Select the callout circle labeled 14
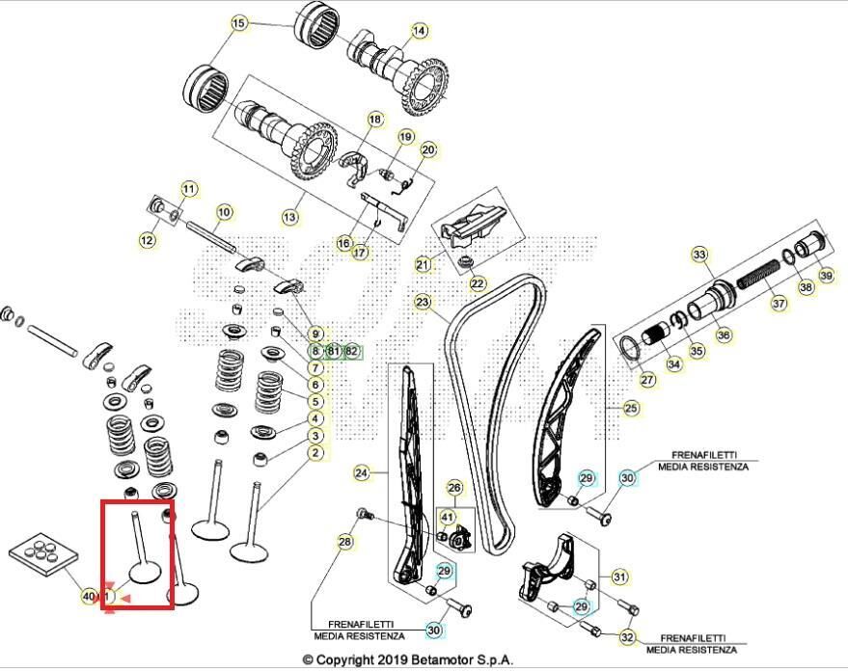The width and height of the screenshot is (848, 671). tap(419, 31)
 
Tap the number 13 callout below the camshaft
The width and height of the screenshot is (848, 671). tap(290, 218)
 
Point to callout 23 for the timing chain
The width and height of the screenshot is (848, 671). tap(422, 302)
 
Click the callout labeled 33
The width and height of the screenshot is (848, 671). tap(699, 255)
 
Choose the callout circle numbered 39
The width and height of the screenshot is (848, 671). tap(826, 276)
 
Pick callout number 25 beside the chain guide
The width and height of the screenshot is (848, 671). tap(631, 409)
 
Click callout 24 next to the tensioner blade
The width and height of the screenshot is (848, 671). tap(362, 473)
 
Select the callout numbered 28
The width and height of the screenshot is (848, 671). tap(344, 544)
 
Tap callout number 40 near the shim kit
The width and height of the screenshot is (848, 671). tap(89, 598)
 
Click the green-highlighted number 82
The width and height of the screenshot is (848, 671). tap(351, 351)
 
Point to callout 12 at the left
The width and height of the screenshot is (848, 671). tap(147, 241)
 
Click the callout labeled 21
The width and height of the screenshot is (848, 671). tap(423, 265)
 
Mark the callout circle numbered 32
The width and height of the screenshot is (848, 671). tap(627, 637)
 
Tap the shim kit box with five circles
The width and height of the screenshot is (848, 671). tap(41, 556)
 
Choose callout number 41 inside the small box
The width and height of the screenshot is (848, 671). tap(447, 518)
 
